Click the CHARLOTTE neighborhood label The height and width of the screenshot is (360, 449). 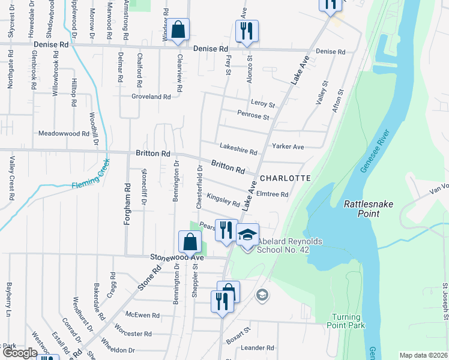pos(285,178)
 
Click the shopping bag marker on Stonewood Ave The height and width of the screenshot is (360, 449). pos(190,242)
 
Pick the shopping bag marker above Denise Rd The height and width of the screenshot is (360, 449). pos(178,29)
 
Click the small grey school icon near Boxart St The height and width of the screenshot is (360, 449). pos(262,295)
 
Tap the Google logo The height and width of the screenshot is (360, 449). pos(20,353)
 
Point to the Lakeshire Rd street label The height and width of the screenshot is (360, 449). pos(238,148)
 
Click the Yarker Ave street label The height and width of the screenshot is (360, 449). pos(288,146)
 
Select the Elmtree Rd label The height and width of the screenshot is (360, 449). pos(272,194)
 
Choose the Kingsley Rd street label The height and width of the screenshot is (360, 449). pos(223,200)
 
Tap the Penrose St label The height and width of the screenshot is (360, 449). pos(253,115)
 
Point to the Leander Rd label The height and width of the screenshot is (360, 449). pos(257,347)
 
